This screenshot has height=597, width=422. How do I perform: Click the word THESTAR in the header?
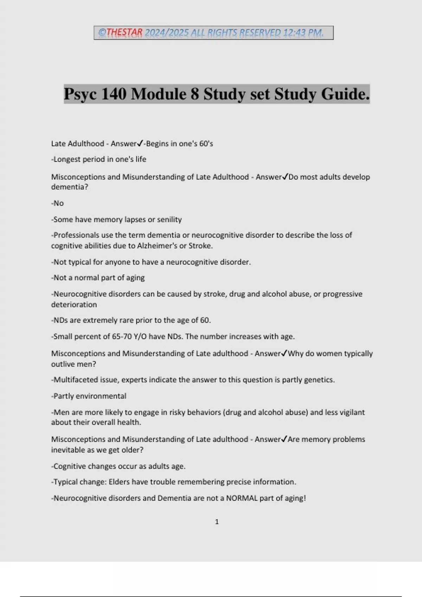[124, 33]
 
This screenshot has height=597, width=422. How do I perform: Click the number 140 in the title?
[114, 94]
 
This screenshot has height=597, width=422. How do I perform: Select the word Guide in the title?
[343, 94]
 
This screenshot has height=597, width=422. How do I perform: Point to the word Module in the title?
[159, 94]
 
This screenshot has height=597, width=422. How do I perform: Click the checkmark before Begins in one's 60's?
[140, 143]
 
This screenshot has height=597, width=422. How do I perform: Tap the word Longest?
[67, 159]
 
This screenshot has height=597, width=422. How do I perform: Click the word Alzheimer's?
[157, 246]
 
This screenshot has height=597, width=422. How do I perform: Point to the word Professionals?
[76, 235]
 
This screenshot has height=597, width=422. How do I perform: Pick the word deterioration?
[74, 304]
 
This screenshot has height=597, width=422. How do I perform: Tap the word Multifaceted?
[74, 380]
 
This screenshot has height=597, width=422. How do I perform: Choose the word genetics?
[318, 380]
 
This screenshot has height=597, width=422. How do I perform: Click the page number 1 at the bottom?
[217, 522]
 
